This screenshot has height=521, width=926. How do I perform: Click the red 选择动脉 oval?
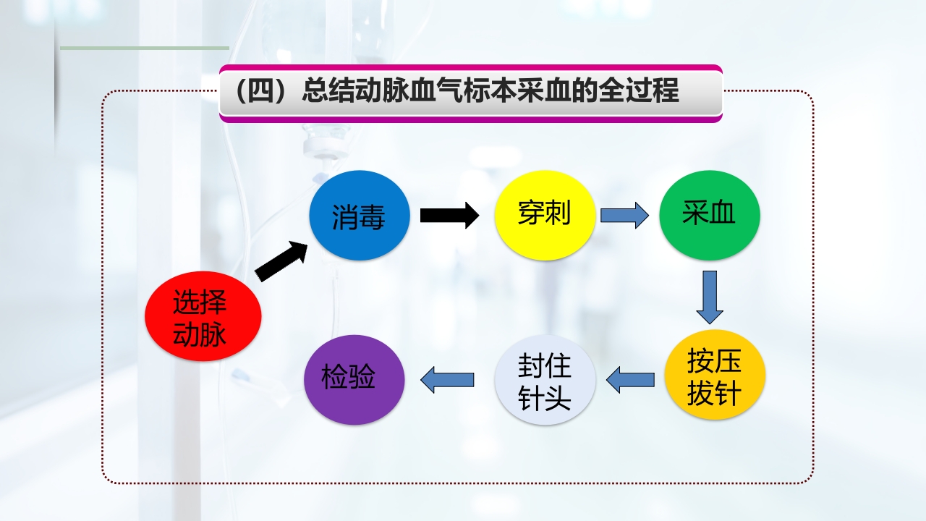(203, 318)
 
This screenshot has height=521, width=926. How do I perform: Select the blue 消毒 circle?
(360, 216)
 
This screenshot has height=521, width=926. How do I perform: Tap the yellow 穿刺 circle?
(545, 215)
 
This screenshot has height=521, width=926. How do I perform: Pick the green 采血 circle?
(709, 215)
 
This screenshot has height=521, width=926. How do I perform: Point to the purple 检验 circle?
(354, 379)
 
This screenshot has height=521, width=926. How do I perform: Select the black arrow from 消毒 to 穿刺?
(449, 215)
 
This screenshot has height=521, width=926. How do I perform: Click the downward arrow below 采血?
(710, 297)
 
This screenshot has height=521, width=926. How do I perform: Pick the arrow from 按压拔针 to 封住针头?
(630, 379)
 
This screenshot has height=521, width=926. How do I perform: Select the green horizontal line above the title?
(145, 48)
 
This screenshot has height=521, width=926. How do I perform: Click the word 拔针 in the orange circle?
(715, 394)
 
